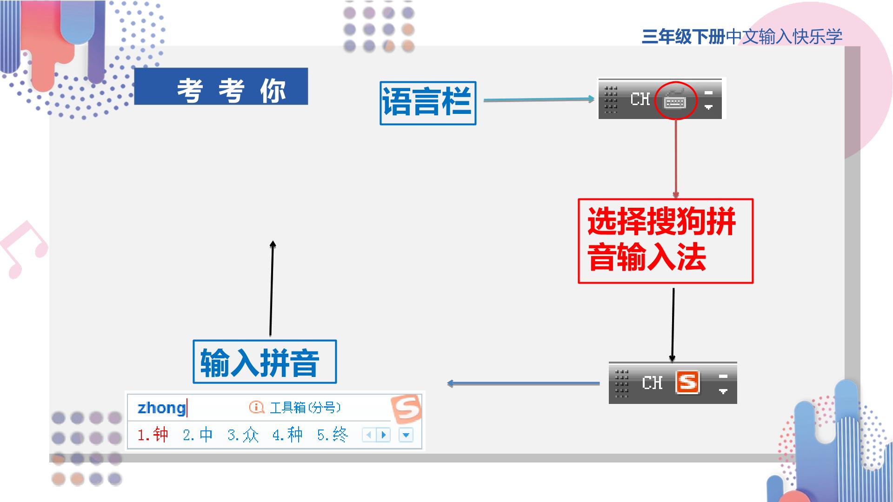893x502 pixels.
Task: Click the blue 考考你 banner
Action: click(221, 86)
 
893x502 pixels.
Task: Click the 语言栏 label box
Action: click(428, 103)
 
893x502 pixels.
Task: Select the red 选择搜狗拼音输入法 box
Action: click(665, 241)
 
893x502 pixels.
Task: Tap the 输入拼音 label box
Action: click(265, 362)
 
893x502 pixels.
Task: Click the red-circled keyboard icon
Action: click(675, 100)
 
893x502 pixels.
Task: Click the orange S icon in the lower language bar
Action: click(687, 382)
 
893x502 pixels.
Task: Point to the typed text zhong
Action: click(161, 408)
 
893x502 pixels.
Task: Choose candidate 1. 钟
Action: click(153, 435)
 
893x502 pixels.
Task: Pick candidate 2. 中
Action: click(198, 435)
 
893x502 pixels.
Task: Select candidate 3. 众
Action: click(243, 435)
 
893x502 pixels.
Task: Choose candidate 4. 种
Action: click(287, 435)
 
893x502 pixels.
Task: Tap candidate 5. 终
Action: click(333, 435)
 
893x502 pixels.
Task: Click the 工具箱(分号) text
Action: click(305, 408)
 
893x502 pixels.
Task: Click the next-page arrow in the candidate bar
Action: click(383, 435)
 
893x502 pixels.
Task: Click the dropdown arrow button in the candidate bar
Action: click(406, 435)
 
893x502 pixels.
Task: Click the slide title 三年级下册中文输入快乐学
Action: click(742, 36)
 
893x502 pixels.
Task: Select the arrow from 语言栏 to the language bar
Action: click(539, 99)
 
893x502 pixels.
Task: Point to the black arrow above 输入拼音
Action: click(272, 288)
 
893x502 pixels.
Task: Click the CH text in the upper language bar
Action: click(640, 99)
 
